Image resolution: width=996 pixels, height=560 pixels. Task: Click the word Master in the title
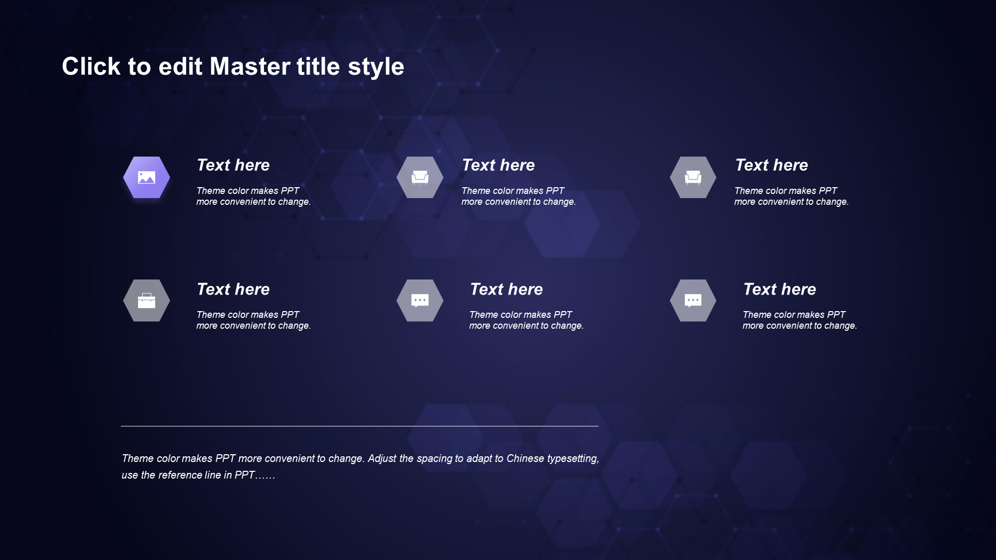[x=250, y=66]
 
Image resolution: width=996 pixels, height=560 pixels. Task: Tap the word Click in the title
[x=91, y=66]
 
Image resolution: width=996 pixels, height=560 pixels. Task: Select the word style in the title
[x=376, y=67]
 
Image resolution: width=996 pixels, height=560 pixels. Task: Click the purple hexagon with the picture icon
[x=146, y=177]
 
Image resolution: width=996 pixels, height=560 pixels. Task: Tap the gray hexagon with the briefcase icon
[x=146, y=301]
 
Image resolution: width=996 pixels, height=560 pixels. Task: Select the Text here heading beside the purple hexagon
[x=233, y=165]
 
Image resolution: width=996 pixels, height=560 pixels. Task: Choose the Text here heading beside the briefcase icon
[x=233, y=289]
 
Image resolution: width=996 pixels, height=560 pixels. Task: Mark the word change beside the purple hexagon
[x=295, y=202]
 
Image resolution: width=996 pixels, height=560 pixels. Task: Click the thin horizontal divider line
[x=359, y=426]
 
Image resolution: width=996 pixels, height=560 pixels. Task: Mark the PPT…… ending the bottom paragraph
[x=255, y=475]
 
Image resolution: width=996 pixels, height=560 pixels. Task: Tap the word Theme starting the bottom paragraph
[x=138, y=458]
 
